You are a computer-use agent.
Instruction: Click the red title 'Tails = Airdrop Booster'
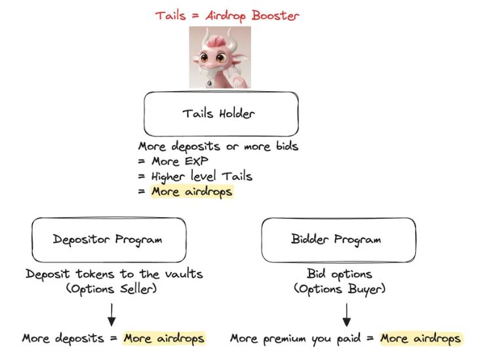(226, 14)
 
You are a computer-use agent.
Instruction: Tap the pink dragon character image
(220, 57)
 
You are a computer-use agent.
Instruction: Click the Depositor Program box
(108, 239)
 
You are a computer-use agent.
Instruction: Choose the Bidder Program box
(338, 239)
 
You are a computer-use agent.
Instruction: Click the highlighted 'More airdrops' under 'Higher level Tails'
(191, 191)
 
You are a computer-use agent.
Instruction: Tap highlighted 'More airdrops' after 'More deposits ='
(164, 338)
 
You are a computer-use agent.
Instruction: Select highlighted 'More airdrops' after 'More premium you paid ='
(420, 338)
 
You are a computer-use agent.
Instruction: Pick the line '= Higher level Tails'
(195, 176)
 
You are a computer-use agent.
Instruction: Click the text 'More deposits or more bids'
(218, 146)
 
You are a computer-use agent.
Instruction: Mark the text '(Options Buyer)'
(339, 289)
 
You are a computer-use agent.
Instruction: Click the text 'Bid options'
(339, 274)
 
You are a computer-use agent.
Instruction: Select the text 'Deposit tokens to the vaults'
(115, 274)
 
